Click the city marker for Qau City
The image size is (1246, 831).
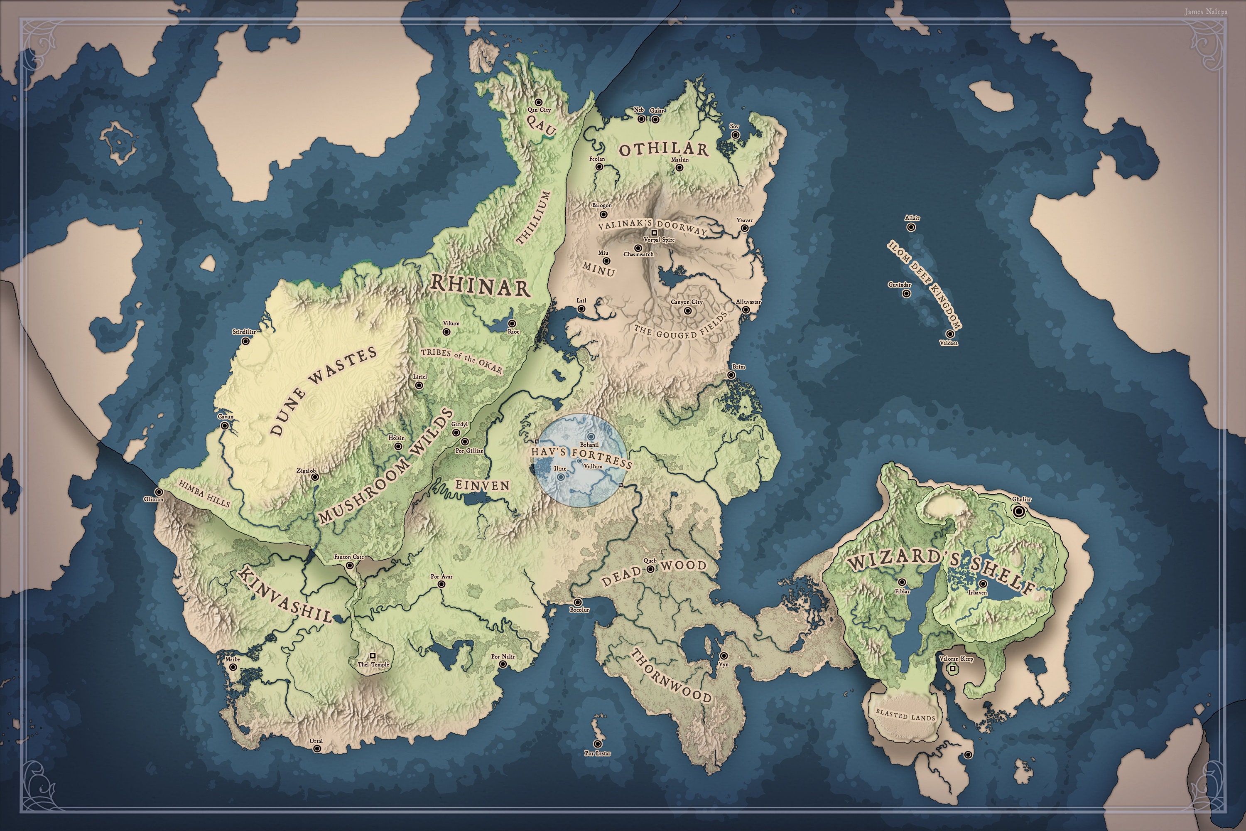click(x=538, y=102)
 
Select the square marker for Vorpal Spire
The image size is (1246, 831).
click(x=654, y=233)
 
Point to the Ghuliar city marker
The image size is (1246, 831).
click(x=1018, y=511)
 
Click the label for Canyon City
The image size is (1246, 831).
click(x=687, y=302)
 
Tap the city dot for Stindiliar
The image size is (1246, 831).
click(x=246, y=341)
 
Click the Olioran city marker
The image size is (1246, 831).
click(x=158, y=492)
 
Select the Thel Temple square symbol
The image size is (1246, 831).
click(x=373, y=656)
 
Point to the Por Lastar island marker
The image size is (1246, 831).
click(x=598, y=744)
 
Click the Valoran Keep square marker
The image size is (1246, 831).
click(x=952, y=669)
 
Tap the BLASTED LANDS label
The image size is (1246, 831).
click(x=905, y=715)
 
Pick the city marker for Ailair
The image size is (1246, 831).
click(x=911, y=227)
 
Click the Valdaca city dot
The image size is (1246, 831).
click(x=950, y=334)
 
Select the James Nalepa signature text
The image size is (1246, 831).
click(x=1206, y=12)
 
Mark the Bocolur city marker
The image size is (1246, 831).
click(x=578, y=602)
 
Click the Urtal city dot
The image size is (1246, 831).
click(x=317, y=749)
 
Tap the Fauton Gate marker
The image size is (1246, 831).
click(x=350, y=565)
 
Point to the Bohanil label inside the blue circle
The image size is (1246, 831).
click(x=589, y=445)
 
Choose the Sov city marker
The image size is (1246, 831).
click(x=735, y=135)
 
